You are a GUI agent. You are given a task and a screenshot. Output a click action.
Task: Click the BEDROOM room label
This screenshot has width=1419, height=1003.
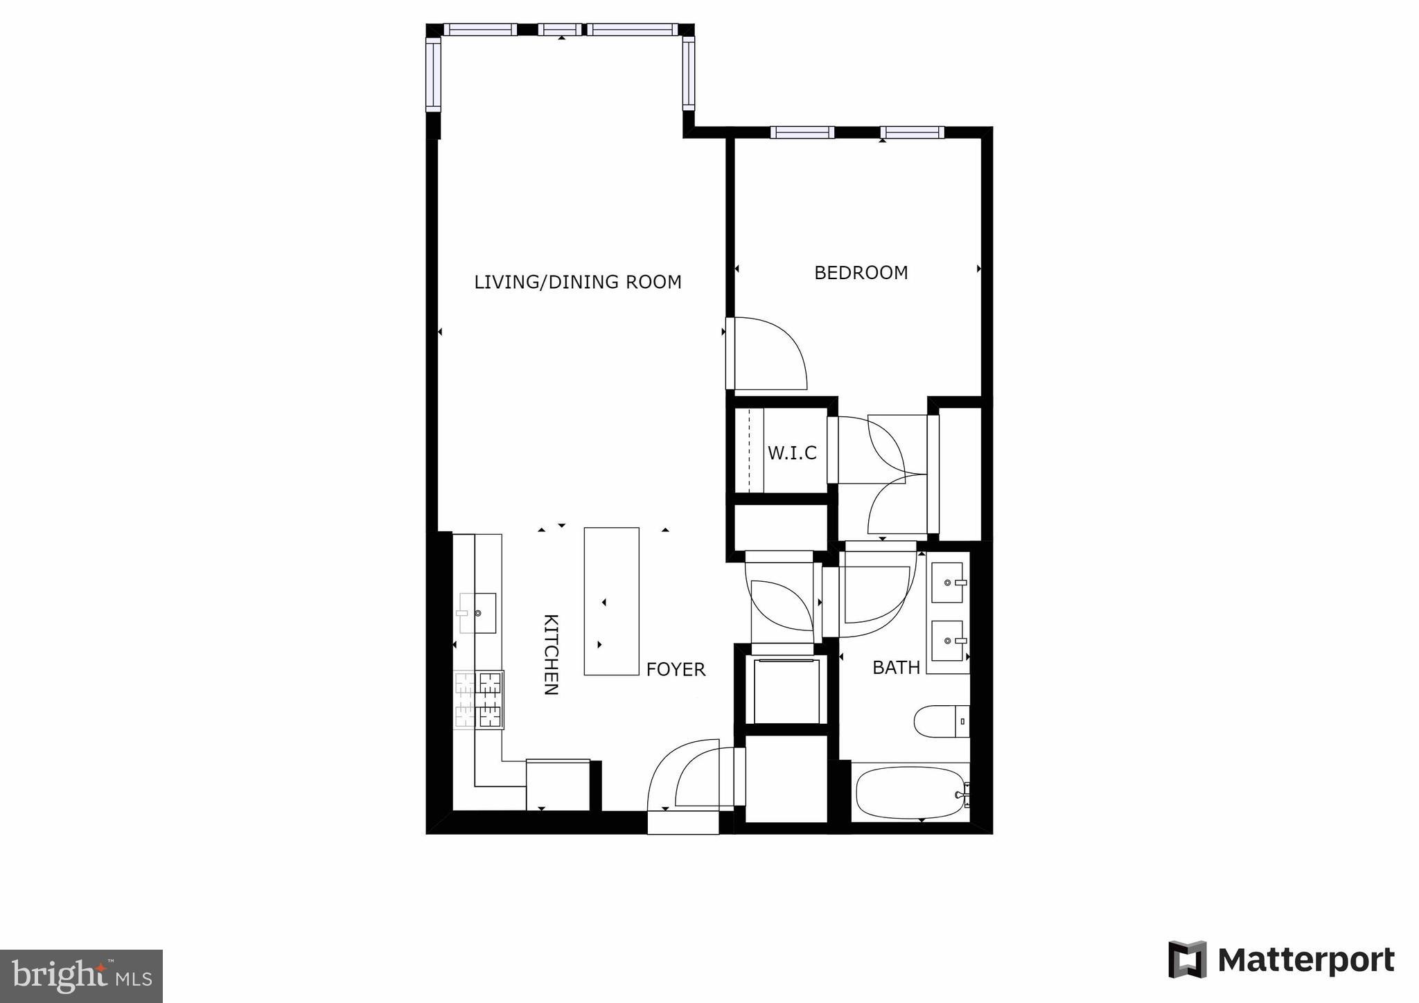[x=861, y=273]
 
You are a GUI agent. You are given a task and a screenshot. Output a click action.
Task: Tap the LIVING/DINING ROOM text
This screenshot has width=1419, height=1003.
[x=578, y=282]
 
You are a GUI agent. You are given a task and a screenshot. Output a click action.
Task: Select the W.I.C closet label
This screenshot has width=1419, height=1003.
[x=792, y=453]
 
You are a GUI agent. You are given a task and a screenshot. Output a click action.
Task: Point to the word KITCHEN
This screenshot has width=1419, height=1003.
[x=550, y=655]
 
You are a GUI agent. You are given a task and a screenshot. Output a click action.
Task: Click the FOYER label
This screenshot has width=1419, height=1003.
[x=676, y=669]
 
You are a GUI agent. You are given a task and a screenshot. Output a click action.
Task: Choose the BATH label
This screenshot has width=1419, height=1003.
[x=896, y=668]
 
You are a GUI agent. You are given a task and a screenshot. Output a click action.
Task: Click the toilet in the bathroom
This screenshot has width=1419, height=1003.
[x=940, y=722]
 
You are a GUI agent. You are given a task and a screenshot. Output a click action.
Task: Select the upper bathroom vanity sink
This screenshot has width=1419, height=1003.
[x=947, y=583]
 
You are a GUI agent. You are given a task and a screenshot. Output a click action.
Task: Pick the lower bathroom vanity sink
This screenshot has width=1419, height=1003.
[x=947, y=641]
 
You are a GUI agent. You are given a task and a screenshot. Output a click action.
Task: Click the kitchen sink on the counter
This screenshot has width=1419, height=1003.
[x=478, y=613]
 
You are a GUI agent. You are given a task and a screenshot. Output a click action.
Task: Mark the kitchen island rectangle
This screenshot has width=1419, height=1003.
[x=611, y=601]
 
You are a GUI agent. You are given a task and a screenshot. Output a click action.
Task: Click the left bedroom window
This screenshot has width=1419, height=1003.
[x=802, y=132]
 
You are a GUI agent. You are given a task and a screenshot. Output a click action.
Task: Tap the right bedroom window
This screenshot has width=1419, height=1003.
[x=912, y=132]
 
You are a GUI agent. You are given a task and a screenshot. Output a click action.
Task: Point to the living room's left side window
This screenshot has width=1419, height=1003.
[x=433, y=74]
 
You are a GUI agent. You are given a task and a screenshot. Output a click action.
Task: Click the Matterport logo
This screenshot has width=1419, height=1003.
[x=1281, y=960]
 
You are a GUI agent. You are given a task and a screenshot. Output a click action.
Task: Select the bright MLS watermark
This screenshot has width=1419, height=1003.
[x=81, y=976]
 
